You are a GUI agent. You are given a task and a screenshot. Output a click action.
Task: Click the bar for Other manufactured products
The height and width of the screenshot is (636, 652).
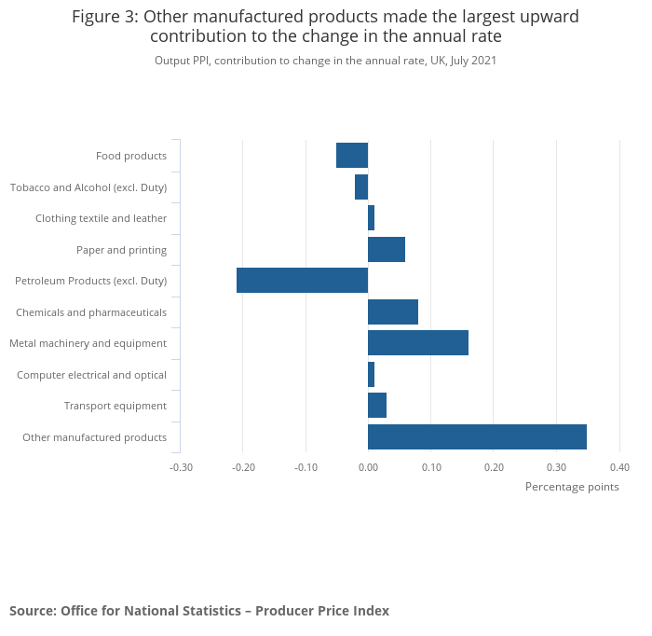click(477, 436)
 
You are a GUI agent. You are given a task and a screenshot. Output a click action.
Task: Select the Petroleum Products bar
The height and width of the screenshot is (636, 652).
click(302, 281)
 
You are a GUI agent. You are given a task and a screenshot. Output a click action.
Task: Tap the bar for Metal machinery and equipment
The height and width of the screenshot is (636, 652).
click(417, 343)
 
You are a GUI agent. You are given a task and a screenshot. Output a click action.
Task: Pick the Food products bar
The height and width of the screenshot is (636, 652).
click(352, 156)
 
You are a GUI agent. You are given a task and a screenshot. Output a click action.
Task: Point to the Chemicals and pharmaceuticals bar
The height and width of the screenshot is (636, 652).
click(392, 311)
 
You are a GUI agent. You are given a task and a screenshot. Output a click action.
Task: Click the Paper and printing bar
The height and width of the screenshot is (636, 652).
click(386, 250)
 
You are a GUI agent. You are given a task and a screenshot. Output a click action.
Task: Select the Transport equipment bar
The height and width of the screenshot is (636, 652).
click(376, 406)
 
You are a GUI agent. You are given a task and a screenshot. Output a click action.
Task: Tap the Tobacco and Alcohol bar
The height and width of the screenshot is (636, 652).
click(361, 187)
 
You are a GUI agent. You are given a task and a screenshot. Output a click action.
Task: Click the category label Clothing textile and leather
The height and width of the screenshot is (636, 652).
click(101, 218)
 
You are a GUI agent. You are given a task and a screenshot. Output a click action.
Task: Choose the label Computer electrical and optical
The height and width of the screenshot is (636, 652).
click(91, 375)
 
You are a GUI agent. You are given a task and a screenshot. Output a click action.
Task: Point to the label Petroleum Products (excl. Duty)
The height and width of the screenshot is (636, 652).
click(90, 281)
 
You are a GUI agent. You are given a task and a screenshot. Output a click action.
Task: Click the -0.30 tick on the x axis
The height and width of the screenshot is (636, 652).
click(181, 467)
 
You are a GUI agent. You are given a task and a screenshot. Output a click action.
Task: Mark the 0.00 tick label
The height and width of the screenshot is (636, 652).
click(368, 467)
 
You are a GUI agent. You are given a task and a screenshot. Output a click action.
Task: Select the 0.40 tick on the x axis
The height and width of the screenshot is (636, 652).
click(619, 467)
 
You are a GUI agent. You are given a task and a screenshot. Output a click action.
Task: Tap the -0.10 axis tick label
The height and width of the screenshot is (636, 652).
click(306, 467)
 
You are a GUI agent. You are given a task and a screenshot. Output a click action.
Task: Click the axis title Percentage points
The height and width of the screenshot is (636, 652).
click(572, 487)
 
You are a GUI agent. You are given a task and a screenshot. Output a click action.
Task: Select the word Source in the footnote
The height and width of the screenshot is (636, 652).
click(32, 611)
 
